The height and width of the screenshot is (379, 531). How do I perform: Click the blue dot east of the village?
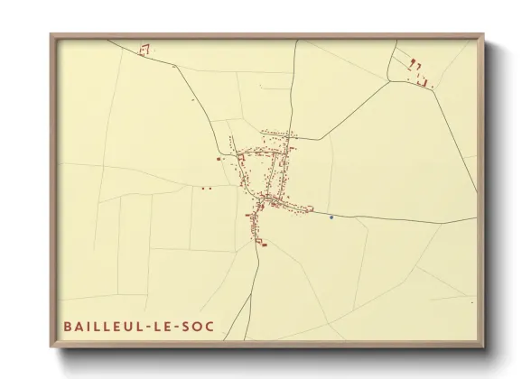coord(331,217)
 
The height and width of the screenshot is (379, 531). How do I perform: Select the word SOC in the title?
coord(200,326)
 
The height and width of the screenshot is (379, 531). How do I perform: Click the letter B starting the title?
coord(68,326)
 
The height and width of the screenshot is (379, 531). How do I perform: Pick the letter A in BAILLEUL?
coord(79,326)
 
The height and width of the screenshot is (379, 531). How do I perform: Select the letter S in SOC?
coord(187,326)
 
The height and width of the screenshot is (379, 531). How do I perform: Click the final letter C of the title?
coord(211,326)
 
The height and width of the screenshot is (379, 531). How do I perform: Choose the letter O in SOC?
coord(199,326)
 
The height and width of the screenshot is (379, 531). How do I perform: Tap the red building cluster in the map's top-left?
coord(143,51)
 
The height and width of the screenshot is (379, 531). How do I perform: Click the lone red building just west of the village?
coord(219,159)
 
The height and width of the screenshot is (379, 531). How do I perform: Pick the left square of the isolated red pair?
coord(203,188)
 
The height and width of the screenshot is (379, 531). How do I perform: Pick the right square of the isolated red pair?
coord(210,188)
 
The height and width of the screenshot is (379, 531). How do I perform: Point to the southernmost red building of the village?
coord(264,244)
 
